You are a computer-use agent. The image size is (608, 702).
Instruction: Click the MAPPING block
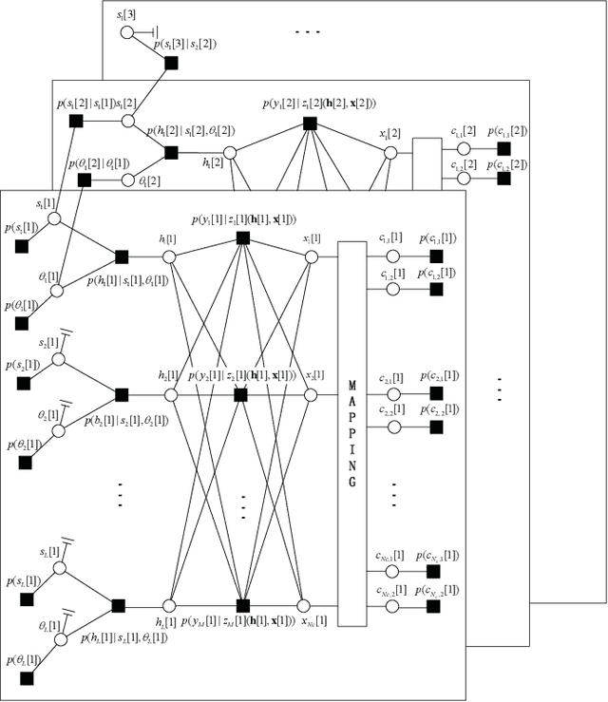point(351,433)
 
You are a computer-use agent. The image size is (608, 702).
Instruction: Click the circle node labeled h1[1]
point(170,256)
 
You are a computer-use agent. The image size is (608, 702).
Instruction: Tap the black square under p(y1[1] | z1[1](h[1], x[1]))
point(242,237)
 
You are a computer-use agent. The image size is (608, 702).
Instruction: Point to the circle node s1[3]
point(126,32)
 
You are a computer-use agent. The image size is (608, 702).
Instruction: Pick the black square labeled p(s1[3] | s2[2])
point(171,64)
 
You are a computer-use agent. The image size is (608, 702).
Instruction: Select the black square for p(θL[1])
point(27,678)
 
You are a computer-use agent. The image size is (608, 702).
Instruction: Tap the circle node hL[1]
point(170,604)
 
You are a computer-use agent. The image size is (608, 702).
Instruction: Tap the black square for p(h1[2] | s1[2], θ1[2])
point(171,152)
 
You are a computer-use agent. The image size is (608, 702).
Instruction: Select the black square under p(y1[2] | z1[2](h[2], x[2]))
point(309,123)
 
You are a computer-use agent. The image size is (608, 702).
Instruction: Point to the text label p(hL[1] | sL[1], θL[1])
point(126,636)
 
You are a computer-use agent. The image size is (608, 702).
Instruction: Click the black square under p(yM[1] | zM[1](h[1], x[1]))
point(242,605)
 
